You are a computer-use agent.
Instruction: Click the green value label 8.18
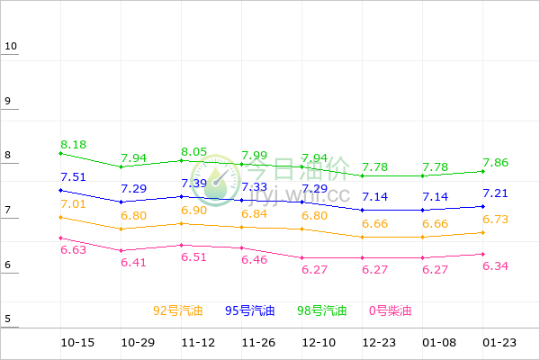74,144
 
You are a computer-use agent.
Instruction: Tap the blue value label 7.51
74,176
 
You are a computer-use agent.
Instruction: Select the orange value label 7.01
74,204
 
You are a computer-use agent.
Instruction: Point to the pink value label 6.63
74,249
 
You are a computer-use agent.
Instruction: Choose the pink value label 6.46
256,259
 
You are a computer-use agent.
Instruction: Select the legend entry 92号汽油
178,310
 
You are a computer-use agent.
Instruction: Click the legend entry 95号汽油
250,310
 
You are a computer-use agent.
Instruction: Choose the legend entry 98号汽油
322,310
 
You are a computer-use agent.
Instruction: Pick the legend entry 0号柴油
391,310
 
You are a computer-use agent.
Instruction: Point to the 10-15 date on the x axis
77,343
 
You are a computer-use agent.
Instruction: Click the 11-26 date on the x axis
257,343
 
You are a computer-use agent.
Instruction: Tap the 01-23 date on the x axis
499,343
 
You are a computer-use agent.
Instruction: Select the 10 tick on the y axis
11,46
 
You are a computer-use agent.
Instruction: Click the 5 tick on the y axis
8,319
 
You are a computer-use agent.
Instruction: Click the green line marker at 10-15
60,154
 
